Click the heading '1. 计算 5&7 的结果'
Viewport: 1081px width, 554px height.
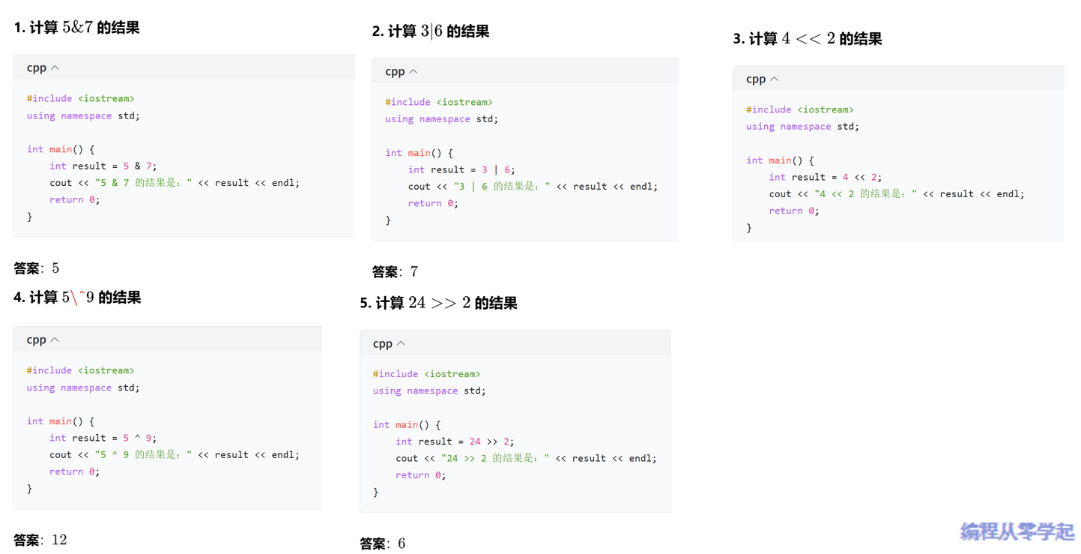(76, 28)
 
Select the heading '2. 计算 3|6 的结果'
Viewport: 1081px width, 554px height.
(430, 31)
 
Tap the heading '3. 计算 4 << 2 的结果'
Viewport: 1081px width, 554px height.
(807, 39)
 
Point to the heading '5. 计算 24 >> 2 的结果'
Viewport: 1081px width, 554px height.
(438, 303)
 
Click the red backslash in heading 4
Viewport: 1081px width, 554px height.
(74, 298)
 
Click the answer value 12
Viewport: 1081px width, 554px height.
(59, 540)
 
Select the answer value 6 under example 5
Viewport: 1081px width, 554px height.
(402, 544)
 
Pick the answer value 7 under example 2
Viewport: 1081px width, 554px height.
(414, 271)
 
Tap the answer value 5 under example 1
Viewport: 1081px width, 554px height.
(55, 268)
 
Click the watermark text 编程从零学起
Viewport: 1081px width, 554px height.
(1017, 532)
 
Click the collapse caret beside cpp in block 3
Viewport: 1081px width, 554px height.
(775, 79)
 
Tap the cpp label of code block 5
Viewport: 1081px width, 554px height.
(382, 343)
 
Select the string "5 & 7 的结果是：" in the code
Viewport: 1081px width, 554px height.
(143, 183)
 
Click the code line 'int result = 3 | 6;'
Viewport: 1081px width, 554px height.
(461, 170)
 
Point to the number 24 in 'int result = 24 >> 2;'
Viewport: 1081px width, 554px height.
(474, 442)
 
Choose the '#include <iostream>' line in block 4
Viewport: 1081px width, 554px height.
(80, 370)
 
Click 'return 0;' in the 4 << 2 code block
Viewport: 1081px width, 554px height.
(793, 211)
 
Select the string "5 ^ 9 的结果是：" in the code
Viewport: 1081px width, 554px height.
(143, 455)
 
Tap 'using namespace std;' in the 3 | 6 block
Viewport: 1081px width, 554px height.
(441, 119)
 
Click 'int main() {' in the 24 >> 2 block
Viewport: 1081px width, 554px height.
(407, 425)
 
